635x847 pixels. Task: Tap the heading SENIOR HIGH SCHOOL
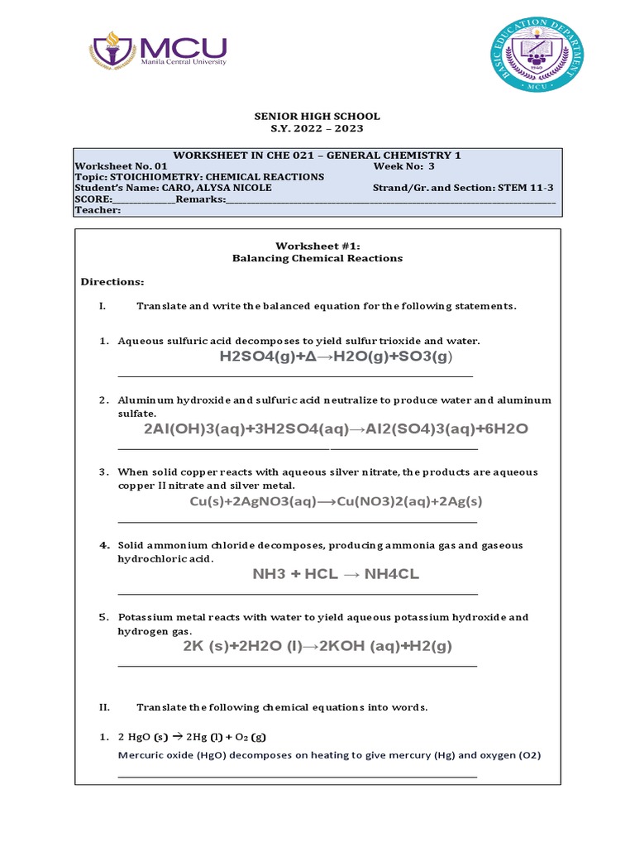click(x=317, y=117)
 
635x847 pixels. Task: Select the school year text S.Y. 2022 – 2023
click(x=317, y=129)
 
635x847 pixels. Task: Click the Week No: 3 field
click(x=403, y=165)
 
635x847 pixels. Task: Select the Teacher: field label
click(x=98, y=210)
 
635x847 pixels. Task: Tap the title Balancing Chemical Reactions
click(x=318, y=258)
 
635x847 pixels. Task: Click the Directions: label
click(x=112, y=282)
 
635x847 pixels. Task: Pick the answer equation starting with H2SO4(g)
click(x=337, y=357)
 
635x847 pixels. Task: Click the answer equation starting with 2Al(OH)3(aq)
click(x=336, y=429)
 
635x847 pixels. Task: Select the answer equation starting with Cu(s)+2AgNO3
click(x=336, y=501)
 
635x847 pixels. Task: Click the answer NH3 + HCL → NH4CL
click(x=336, y=574)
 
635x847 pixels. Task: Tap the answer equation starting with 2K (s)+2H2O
click(x=317, y=646)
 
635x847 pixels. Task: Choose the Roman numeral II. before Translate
click(x=104, y=707)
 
